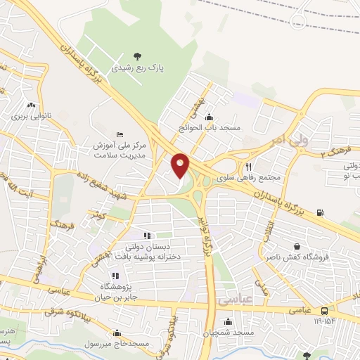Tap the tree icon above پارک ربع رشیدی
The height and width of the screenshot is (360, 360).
click(x=138, y=56)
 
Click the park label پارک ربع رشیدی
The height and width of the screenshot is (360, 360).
click(x=138, y=70)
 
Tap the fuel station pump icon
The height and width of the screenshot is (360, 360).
click(x=321, y=212)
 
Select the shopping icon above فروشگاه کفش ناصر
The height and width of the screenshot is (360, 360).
click(x=299, y=247)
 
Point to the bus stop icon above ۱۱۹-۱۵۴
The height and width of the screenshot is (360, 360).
click(x=323, y=311)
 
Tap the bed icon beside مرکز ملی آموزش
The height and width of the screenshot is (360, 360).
click(x=120, y=134)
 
